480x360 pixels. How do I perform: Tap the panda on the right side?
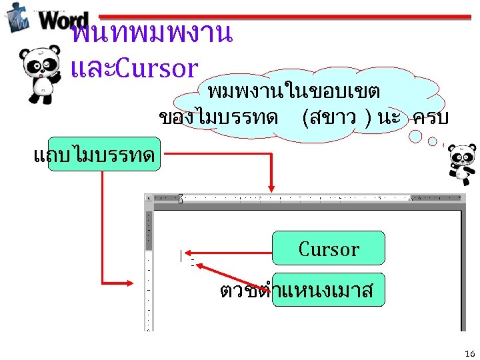click(x=461, y=163)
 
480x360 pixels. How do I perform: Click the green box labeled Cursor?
click(x=329, y=248)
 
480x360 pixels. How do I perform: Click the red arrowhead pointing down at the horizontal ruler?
click(x=271, y=189)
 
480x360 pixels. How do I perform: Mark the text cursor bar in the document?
click(x=180, y=255)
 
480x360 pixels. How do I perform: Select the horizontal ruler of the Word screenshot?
click(x=307, y=198)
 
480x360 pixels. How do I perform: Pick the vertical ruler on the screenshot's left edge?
click(x=149, y=273)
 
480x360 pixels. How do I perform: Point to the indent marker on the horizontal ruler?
click(x=180, y=198)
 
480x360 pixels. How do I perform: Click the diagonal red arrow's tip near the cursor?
click(x=199, y=266)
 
